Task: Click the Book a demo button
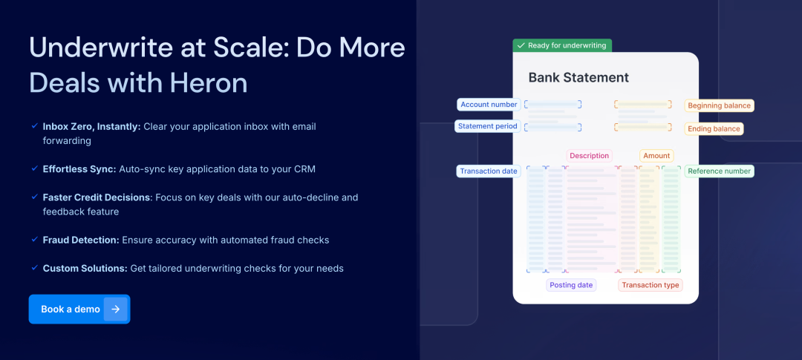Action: pos(79,309)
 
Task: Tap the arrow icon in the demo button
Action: pos(116,309)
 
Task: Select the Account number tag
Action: pos(489,105)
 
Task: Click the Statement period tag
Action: pos(487,125)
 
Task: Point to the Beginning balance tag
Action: pos(719,105)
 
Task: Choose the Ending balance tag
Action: pos(714,128)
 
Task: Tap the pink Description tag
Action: pos(589,155)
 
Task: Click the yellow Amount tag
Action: pos(656,155)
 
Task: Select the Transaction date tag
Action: pos(489,171)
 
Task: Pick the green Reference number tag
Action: pos(719,171)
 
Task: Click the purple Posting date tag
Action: pos(571,285)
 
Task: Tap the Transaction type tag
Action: pos(650,285)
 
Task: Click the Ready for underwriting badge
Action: pos(562,45)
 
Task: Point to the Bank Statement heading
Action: pos(578,78)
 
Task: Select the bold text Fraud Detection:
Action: pos(82,240)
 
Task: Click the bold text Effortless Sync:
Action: pos(79,168)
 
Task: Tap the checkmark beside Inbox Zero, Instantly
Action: pos(34,125)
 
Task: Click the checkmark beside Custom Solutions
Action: pos(34,267)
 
